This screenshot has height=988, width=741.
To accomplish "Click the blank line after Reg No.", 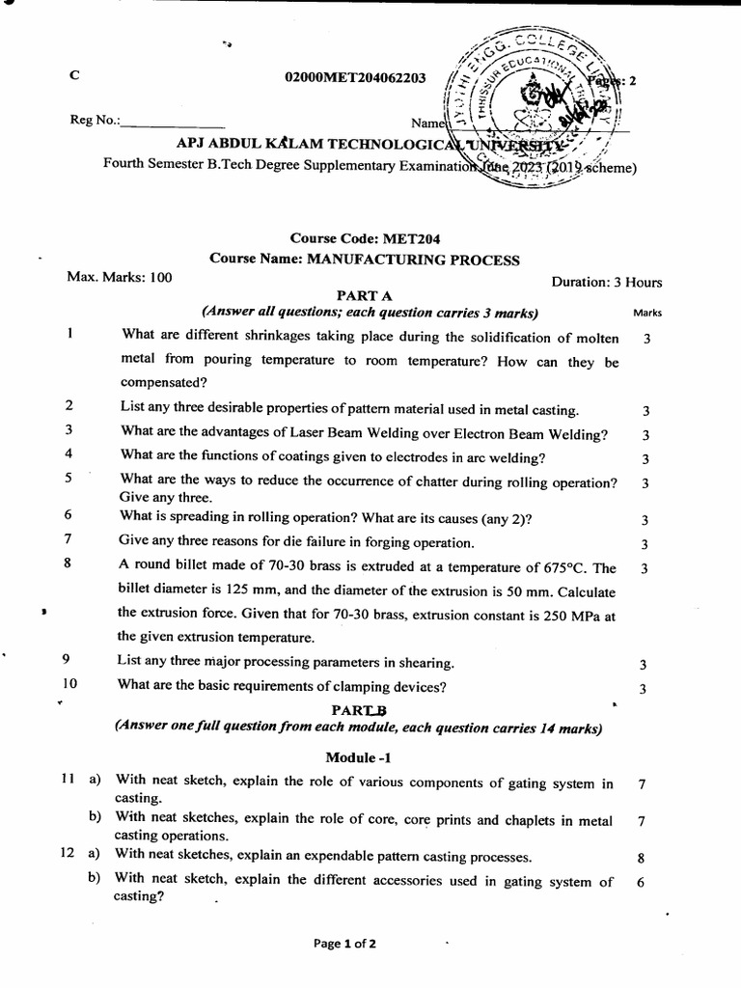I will coord(173,123).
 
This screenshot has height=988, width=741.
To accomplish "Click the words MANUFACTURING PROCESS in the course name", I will coord(412,260).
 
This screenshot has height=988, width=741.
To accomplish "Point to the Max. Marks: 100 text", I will coord(119,278).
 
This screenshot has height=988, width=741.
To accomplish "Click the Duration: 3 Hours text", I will coord(607,283).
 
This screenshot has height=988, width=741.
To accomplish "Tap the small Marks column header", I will coord(646,313).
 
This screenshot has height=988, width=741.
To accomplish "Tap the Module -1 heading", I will coord(359,758).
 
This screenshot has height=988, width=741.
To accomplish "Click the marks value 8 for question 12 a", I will coord(641,857).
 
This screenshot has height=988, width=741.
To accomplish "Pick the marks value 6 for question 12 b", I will coord(641,881).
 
